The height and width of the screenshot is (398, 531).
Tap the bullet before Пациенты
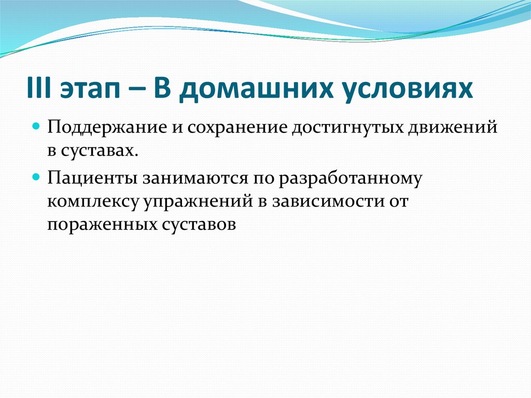tap(36, 176)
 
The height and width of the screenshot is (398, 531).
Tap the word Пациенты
tap(90, 178)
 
